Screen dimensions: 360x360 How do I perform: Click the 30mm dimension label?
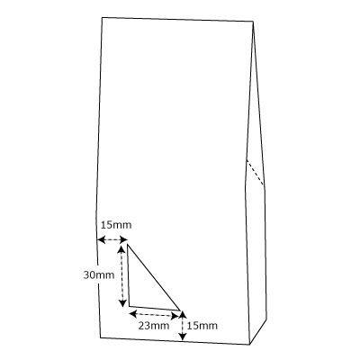tap(99, 274)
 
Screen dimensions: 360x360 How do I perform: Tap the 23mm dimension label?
tap(154, 325)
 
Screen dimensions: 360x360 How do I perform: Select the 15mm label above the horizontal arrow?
tap(116, 225)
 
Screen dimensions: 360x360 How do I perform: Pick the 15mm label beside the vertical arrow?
tap(202, 326)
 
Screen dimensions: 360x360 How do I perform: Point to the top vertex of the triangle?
tap(128, 244)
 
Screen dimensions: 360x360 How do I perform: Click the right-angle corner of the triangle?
tap(130, 306)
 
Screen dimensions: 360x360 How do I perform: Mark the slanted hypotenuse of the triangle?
tap(154, 277)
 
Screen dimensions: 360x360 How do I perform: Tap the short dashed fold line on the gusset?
tap(256, 173)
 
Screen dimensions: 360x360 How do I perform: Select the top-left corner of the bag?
tap(102, 17)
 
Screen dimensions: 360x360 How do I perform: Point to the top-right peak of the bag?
tap(254, 22)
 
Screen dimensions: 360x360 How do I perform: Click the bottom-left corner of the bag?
tap(100, 337)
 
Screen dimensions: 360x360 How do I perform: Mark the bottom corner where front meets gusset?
tap(249, 345)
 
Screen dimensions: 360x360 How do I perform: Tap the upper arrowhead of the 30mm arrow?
tap(121, 248)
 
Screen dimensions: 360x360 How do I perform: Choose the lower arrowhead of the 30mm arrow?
tap(122, 303)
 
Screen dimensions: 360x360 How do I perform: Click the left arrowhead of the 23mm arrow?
tap(132, 314)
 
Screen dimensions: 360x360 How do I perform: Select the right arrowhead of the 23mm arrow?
tap(175, 316)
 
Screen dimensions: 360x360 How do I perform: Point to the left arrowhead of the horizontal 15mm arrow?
tap(101, 239)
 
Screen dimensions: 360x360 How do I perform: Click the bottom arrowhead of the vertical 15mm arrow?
tap(183, 337)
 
